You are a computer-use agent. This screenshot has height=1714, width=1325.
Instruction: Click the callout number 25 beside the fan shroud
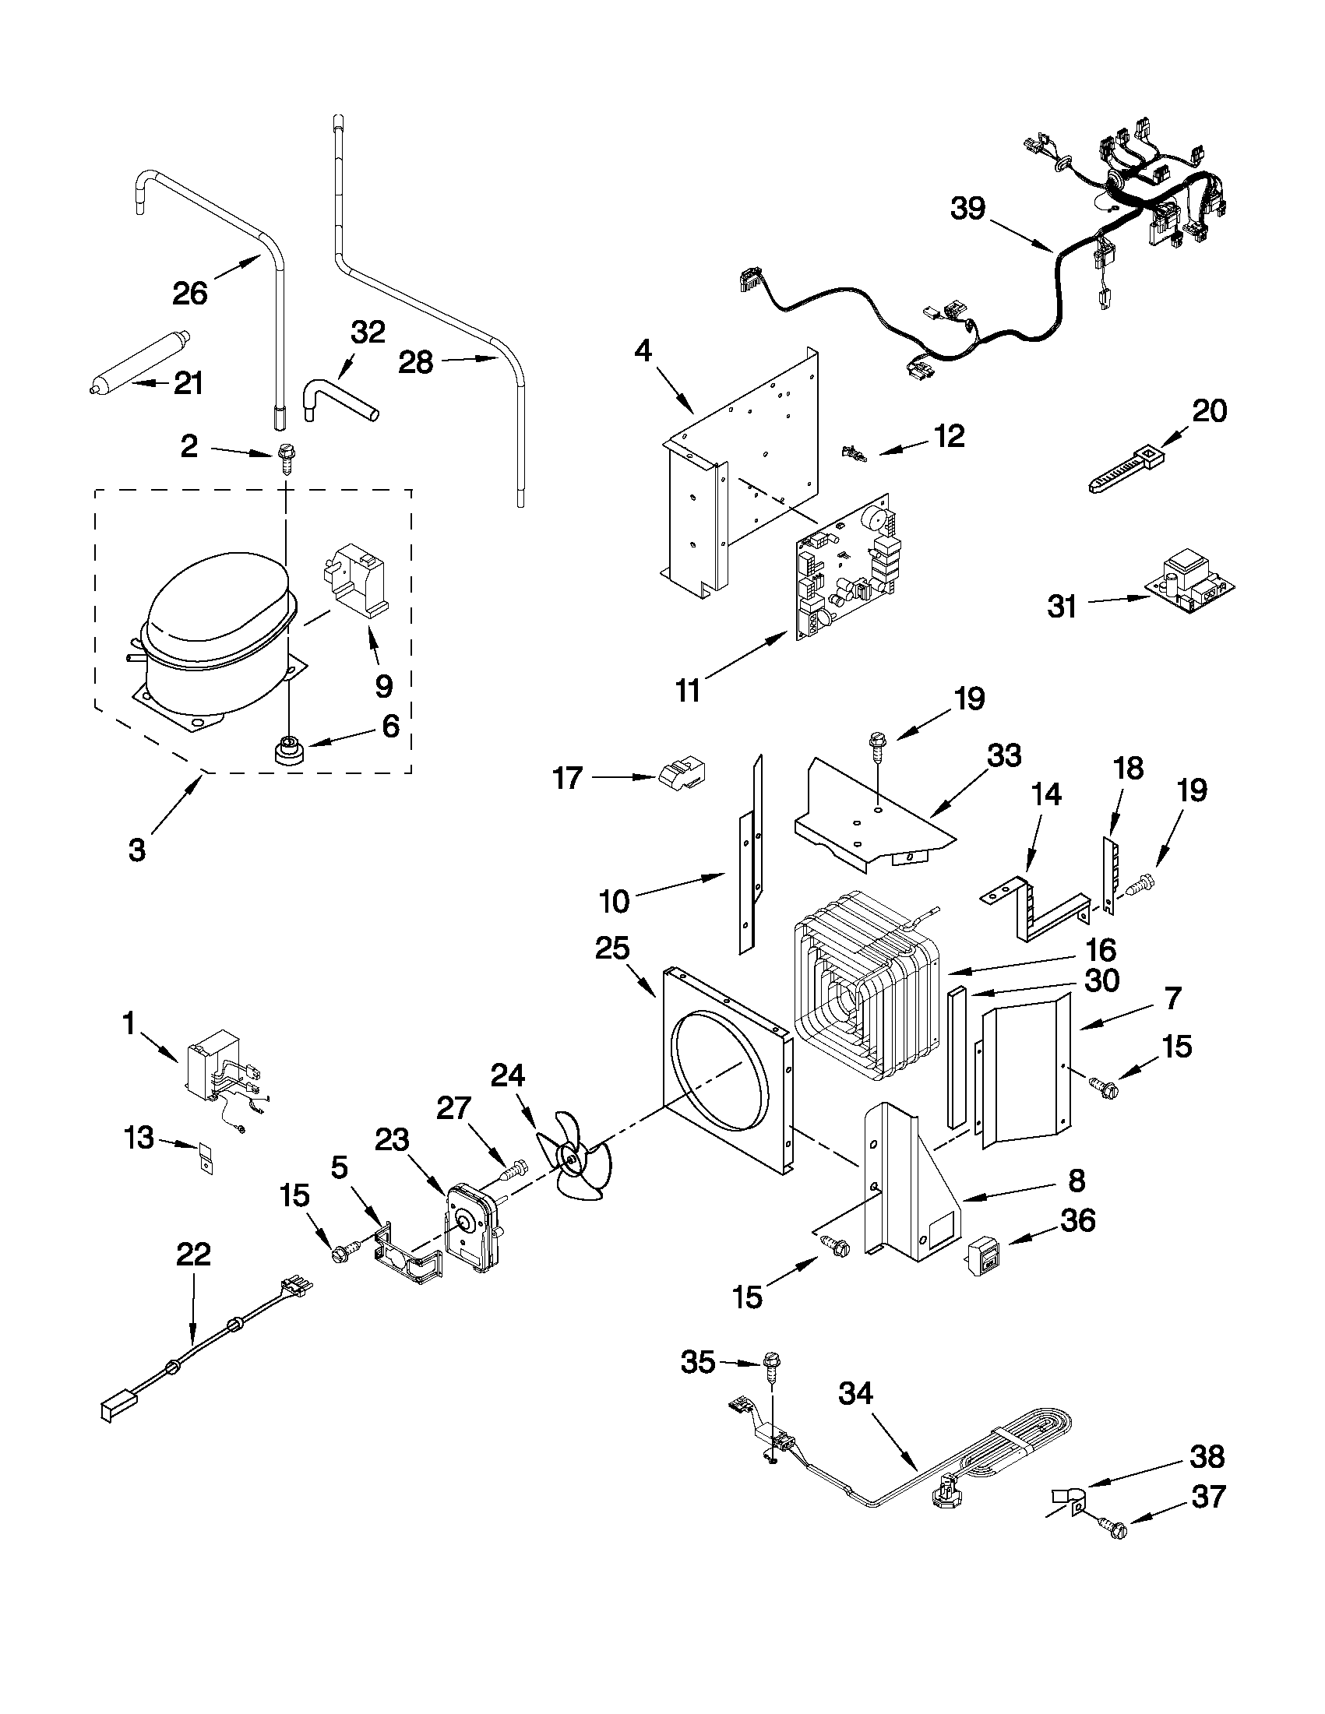point(612,948)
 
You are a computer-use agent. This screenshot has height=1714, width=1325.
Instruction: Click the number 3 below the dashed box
point(136,849)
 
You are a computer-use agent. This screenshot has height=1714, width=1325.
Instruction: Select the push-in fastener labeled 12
point(852,453)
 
